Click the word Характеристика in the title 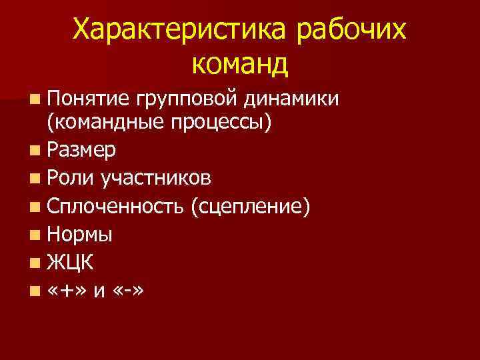point(179,29)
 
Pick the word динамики point(291,100)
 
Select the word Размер point(81,151)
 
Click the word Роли point(71,178)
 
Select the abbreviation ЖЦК point(71,263)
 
